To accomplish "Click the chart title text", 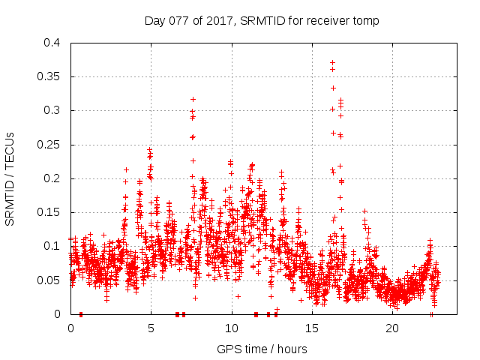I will coord(262,20).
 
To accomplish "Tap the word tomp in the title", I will coord(365,20).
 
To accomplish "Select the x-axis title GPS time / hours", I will coord(262,349).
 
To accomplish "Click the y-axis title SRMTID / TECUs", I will coord(10,178).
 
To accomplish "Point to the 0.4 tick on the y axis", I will coord(51,43).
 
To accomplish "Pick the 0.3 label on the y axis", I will coord(51,110).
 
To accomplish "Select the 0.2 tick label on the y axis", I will coord(51,178).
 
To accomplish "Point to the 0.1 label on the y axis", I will coord(51,246).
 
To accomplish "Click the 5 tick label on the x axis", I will coord(151,328).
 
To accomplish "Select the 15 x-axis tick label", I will coord(311,328).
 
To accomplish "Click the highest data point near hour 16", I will coord(332,62).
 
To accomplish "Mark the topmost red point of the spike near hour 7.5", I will coord(193,99).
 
